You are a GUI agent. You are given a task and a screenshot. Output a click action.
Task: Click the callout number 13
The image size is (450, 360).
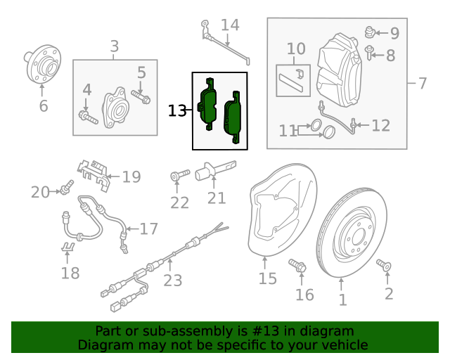[177, 110]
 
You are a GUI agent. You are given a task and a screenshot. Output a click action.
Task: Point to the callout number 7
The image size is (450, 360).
[423, 84]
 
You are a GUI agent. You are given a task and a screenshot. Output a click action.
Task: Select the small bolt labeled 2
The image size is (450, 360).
[384, 264]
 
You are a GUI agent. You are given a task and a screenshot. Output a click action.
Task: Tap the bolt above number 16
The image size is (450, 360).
[297, 266]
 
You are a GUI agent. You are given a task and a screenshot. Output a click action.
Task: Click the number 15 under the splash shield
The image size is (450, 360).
[267, 279]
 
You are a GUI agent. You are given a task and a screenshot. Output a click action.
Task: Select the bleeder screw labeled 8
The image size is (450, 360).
[370, 51]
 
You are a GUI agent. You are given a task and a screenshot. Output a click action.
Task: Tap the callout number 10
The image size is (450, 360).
[296, 49]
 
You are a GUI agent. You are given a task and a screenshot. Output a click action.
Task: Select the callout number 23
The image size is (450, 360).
[173, 281]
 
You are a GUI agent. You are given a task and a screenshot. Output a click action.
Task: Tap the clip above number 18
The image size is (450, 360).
[68, 247]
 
